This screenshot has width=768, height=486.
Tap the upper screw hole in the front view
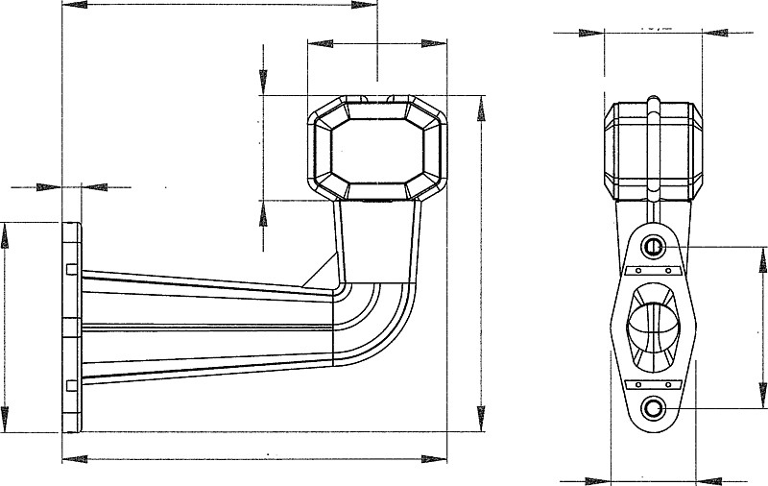pos(654,247)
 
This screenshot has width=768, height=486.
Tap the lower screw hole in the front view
pos(654,409)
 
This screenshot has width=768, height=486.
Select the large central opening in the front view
pos(654,327)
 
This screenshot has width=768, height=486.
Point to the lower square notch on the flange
pos(72,385)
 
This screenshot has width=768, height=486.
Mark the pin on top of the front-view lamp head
pos(653,100)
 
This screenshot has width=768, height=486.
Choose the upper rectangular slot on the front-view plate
pos(653,272)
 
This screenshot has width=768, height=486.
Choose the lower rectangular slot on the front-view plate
pos(653,383)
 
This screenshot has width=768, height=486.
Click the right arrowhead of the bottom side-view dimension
pos(437,458)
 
